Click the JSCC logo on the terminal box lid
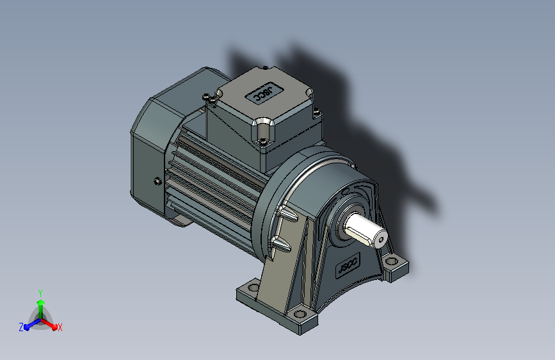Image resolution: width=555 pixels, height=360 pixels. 264,93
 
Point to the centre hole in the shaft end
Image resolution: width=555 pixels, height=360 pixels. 380,240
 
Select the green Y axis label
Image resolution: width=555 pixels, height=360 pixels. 40,293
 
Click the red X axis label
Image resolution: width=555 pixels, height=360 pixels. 60,328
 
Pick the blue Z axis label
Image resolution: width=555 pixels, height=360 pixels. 21,327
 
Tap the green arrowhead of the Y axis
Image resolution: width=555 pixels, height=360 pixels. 41,303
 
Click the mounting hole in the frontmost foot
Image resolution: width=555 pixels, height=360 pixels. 300,314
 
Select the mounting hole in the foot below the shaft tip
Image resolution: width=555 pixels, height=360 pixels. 392,262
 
